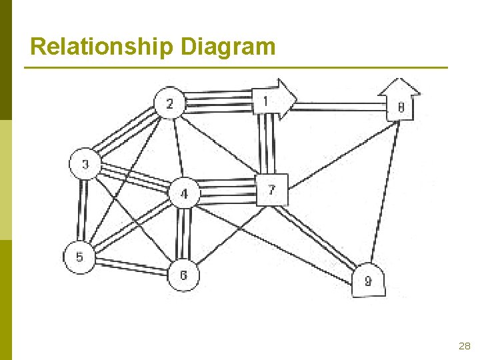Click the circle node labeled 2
pos(171,103)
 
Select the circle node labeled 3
pos(85,165)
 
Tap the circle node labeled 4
pos(183,194)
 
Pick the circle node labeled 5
pos(79,257)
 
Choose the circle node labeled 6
pos(183,275)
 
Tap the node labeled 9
pos(368,281)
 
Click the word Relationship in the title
pos(103,47)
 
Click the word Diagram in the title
pos(227,47)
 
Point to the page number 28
pos(465,346)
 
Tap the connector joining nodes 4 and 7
pos(227,191)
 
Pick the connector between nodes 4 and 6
pos(183,233)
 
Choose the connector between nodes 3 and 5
pos(83,211)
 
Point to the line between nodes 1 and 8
pos(340,105)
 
